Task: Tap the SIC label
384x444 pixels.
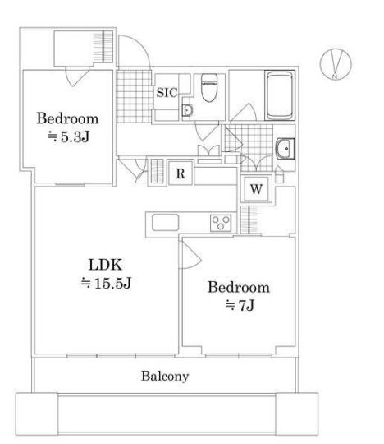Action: point(167,92)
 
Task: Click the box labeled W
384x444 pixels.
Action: point(256,188)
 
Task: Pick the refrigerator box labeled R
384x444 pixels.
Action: point(180,173)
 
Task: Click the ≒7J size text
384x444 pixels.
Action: point(237,306)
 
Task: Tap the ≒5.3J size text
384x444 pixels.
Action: point(67,136)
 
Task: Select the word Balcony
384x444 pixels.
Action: point(164,377)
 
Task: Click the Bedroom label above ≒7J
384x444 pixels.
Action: point(237,288)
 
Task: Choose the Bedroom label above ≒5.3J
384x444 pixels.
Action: point(67,118)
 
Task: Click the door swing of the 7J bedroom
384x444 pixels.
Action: point(190,257)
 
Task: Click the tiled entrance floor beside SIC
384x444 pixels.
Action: point(131,92)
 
